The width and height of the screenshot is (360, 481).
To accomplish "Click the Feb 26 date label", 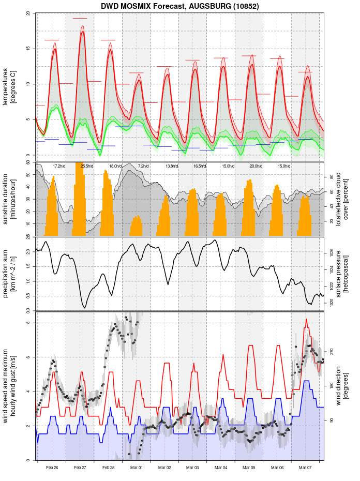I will click(52, 468).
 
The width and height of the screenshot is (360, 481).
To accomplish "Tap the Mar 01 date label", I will click(137, 468).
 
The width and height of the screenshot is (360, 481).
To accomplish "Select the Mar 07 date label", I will click(306, 468).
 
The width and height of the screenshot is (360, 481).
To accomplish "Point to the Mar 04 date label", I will click(221, 468).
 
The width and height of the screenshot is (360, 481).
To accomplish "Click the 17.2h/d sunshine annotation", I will click(59, 166).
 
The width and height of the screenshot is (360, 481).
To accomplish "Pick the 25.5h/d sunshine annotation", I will click(87, 166).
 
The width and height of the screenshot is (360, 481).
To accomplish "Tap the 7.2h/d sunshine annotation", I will click(143, 166).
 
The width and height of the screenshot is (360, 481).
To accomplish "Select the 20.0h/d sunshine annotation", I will click(256, 166).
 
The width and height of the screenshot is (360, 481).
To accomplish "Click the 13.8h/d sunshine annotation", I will click(172, 166).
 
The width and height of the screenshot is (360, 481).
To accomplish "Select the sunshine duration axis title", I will click(9, 199).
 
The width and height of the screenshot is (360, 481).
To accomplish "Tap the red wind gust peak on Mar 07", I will click(307, 319).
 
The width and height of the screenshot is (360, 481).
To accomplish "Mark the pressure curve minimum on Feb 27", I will click(84, 308).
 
